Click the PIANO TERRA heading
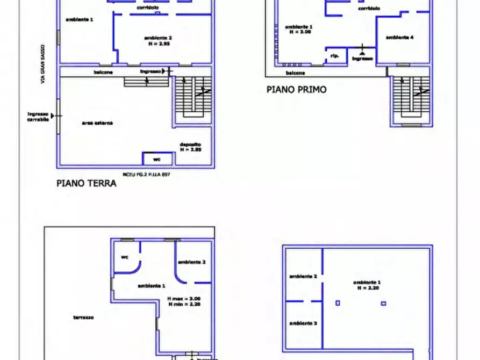[x=87, y=183]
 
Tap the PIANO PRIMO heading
[x=296, y=90]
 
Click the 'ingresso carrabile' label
[x=38, y=117]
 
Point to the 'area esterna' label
[x=97, y=123]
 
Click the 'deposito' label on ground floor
[x=191, y=144]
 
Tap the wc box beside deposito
[x=157, y=159]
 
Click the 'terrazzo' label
[x=84, y=318]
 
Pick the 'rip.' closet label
[x=334, y=56]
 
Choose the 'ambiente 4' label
[x=400, y=38]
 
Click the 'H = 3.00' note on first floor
[x=299, y=32]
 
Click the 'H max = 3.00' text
[x=184, y=299]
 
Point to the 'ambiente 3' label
[x=303, y=323]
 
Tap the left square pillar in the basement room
[x=338, y=303]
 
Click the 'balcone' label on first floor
[x=296, y=73]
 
